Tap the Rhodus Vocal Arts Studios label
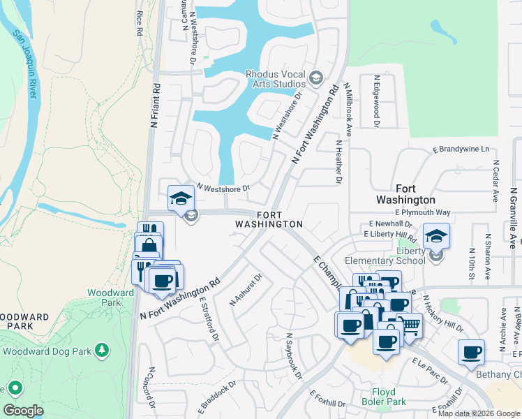click(x=276, y=79)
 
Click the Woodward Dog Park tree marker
click(x=103, y=348)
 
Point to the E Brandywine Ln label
click(x=461, y=149)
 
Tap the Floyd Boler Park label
click(x=384, y=397)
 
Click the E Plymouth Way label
click(x=423, y=212)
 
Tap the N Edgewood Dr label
click(x=376, y=102)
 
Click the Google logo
click(x=23, y=411)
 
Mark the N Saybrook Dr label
click(x=292, y=355)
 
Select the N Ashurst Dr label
click(x=246, y=290)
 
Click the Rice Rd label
click(x=140, y=23)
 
